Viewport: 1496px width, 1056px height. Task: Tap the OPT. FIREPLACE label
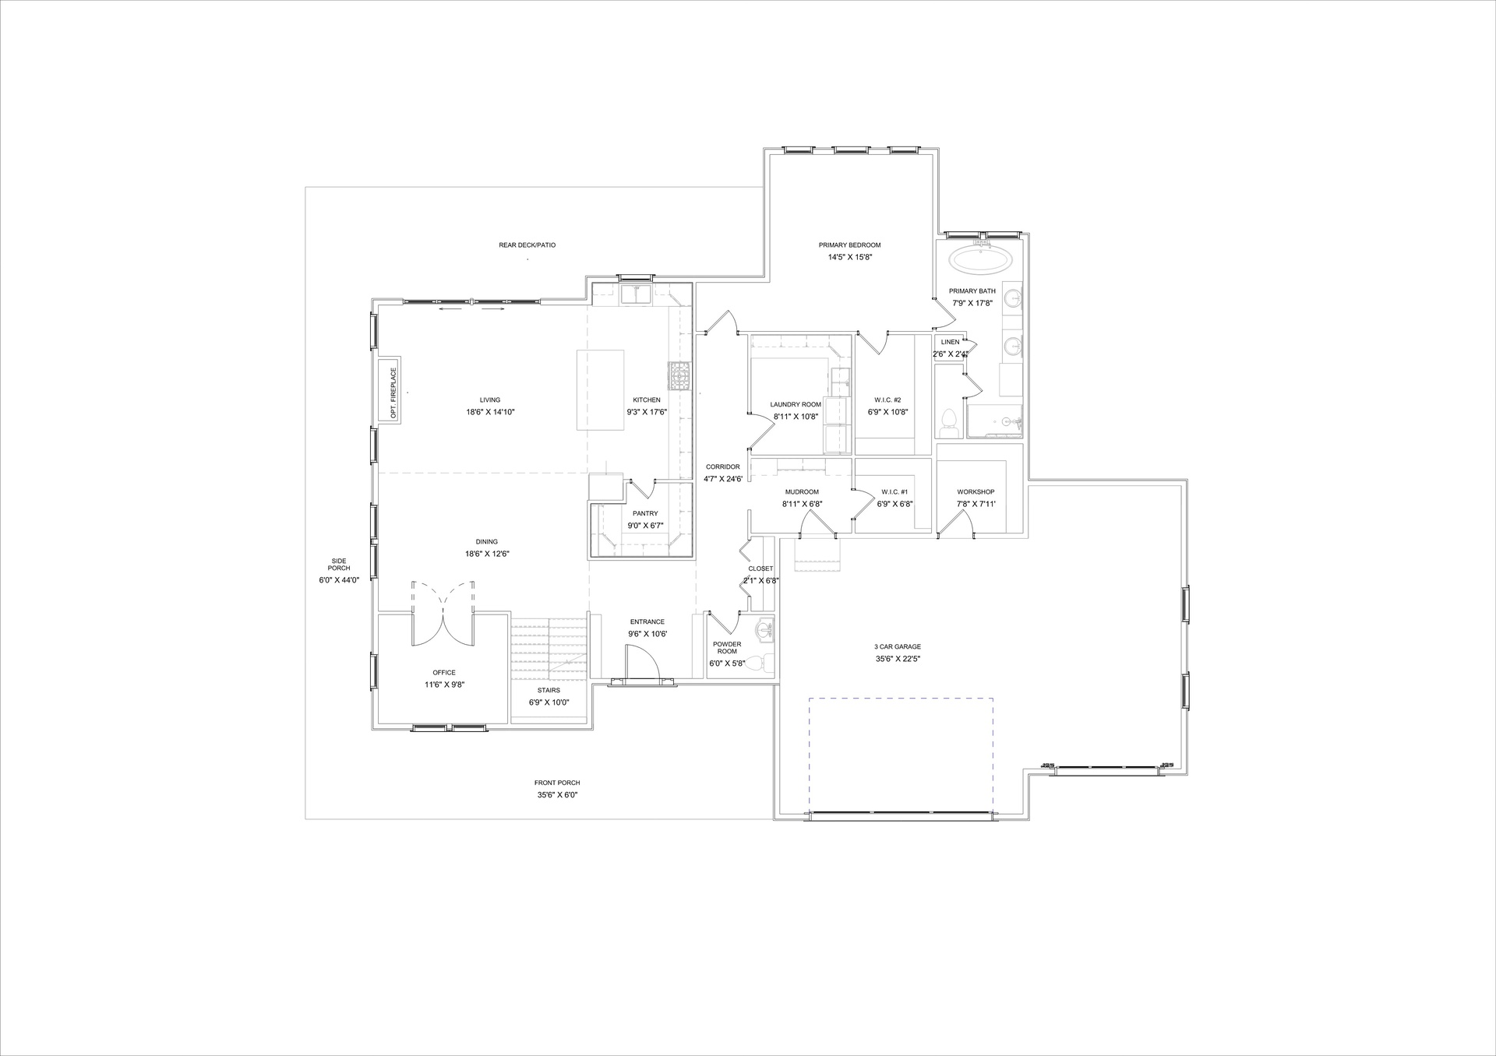[394, 393]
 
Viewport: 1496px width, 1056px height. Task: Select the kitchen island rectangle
[600, 390]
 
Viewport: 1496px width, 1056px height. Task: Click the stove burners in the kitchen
[679, 375]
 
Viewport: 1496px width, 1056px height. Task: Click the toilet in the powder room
[764, 663]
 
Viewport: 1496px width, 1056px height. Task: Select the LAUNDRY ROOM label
[796, 405]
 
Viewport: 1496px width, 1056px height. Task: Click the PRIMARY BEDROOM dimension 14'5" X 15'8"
[849, 257]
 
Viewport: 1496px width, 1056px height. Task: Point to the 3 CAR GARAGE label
[898, 647]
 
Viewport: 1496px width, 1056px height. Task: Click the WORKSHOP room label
[976, 492]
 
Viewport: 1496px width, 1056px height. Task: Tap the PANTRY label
[645, 513]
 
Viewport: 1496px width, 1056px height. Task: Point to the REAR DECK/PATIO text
[527, 245]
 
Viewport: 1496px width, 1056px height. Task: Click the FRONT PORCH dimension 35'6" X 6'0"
[557, 795]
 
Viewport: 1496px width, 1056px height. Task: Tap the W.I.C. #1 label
[894, 492]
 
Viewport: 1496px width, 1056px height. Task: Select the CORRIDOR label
[723, 467]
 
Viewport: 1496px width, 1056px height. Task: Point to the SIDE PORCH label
[339, 565]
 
